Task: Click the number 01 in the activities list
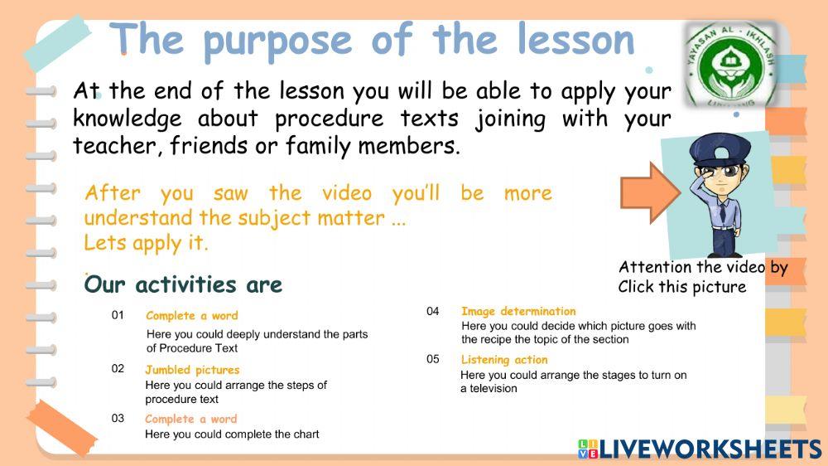(118, 315)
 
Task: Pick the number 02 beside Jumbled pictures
(118, 369)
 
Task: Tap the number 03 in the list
(118, 418)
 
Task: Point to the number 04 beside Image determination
(433, 311)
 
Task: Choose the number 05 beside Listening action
(433, 359)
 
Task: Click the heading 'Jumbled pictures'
(192, 370)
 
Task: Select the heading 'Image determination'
(518, 311)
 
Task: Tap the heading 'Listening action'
(504, 360)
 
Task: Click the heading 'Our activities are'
(183, 285)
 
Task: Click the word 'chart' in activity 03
(305, 434)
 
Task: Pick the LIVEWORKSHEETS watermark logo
(700, 449)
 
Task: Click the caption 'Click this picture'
(681, 287)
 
